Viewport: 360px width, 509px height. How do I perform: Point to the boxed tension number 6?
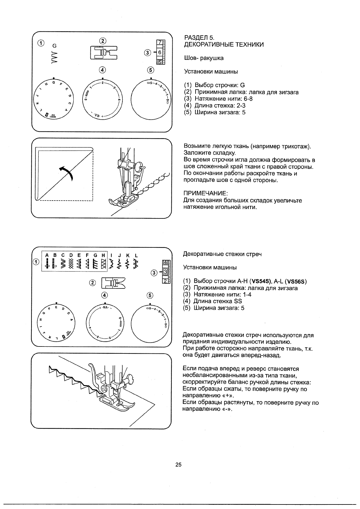[x=160, y=52]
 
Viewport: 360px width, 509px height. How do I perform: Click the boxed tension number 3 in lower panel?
[x=165, y=272]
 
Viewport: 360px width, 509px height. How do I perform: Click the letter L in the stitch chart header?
[x=136, y=256]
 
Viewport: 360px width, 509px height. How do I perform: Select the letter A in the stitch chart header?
[x=47, y=256]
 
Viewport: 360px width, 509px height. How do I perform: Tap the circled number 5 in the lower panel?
[x=150, y=295]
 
